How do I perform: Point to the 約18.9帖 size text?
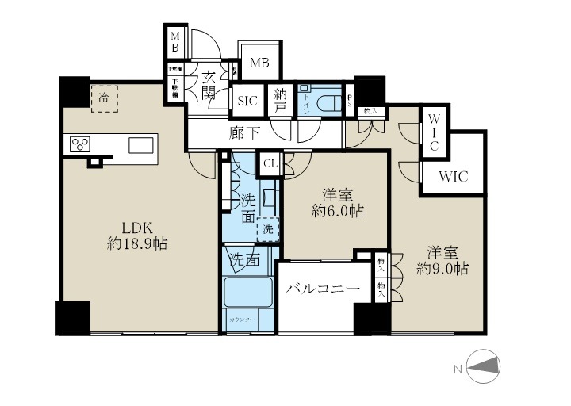tap(136, 244)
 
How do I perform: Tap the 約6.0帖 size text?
tap(336, 211)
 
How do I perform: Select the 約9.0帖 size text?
tap(443, 269)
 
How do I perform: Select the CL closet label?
tap(270, 163)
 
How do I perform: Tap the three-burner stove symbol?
tap(81, 144)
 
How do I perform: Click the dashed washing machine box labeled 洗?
tap(269, 228)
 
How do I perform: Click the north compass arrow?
tap(484, 365)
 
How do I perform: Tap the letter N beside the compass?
tap(458, 367)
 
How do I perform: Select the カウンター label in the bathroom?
tap(242, 319)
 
